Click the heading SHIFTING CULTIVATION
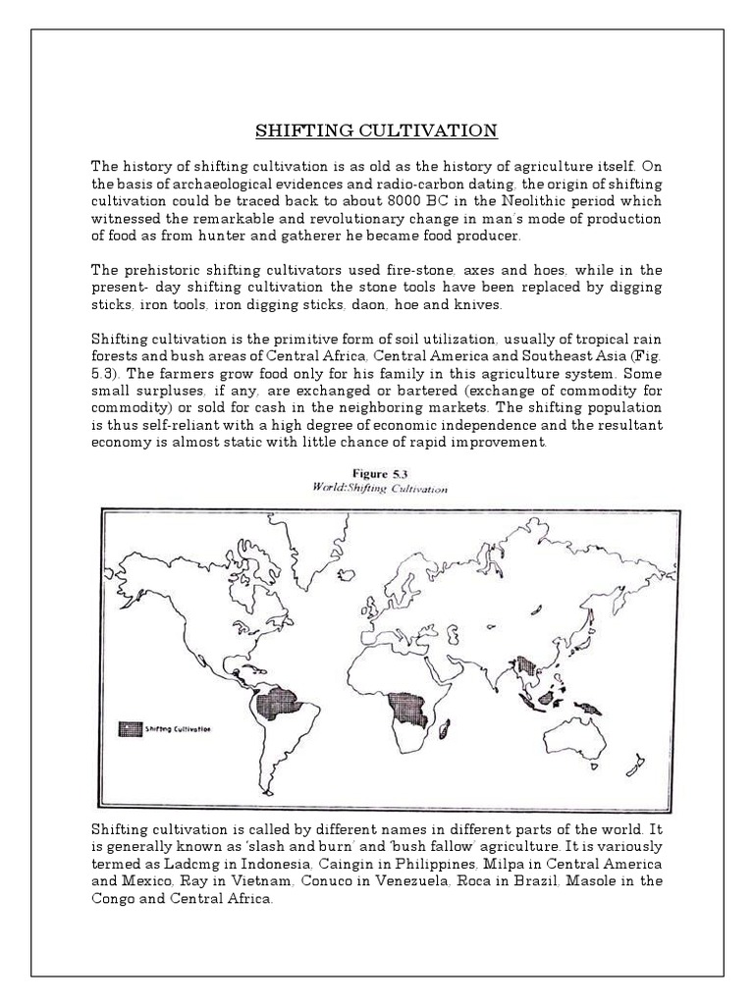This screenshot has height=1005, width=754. (x=377, y=131)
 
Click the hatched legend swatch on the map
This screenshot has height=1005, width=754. (x=130, y=728)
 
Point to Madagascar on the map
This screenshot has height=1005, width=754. (x=445, y=729)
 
